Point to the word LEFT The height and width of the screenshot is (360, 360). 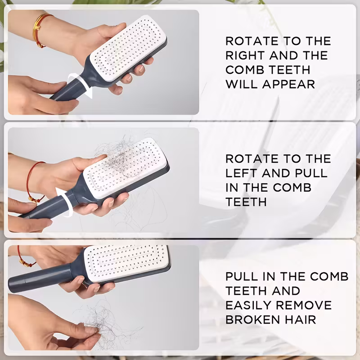pos(241,173)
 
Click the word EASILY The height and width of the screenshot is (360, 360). pos(248,306)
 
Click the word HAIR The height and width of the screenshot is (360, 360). pos(300,320)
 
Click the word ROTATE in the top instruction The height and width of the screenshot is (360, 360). pos(252,41)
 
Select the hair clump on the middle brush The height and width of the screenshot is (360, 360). pos(117,158)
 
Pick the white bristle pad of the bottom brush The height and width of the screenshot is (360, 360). pos(127,262)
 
